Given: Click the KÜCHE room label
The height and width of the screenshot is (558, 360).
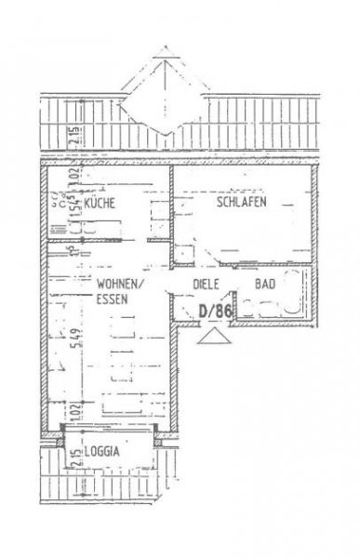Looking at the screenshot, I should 100,203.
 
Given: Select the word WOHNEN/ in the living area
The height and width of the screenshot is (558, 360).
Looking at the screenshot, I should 118,284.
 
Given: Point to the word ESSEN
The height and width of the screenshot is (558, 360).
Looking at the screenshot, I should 113,299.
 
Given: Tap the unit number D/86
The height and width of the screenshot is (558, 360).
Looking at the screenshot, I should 215,312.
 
